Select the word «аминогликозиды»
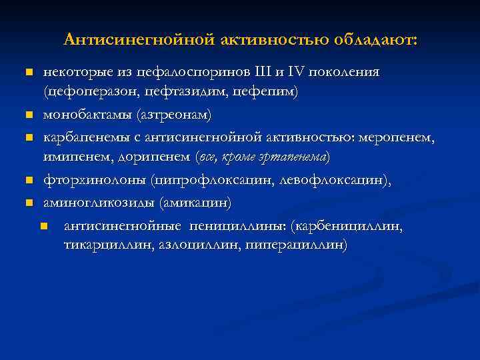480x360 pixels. coord(95,201)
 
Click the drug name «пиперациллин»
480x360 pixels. coord(295,245)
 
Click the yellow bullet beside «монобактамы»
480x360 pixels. coord(29,115)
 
